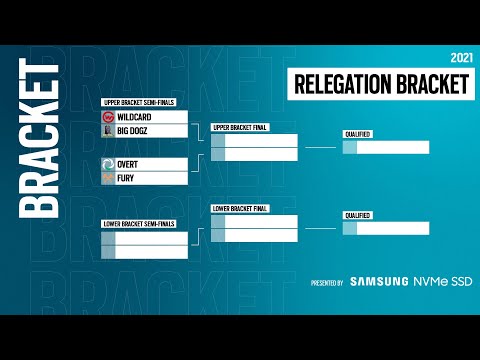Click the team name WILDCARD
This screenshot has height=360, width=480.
(x=134, y=117)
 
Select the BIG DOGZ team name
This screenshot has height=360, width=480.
(x=135, y=130)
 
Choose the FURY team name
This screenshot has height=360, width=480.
(x=127, y=177)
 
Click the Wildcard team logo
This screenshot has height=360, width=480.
(x=108, y=117)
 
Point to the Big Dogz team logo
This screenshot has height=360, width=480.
(x=108, y=130)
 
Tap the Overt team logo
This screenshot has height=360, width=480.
(x=108, y=164)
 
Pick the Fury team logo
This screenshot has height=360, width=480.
(x=108, y=177)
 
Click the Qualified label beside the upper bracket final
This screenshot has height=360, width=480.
(x=357, y=134)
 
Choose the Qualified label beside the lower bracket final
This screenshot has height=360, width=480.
(x=357, y=215)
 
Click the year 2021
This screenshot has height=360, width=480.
(x=460, y=57)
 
